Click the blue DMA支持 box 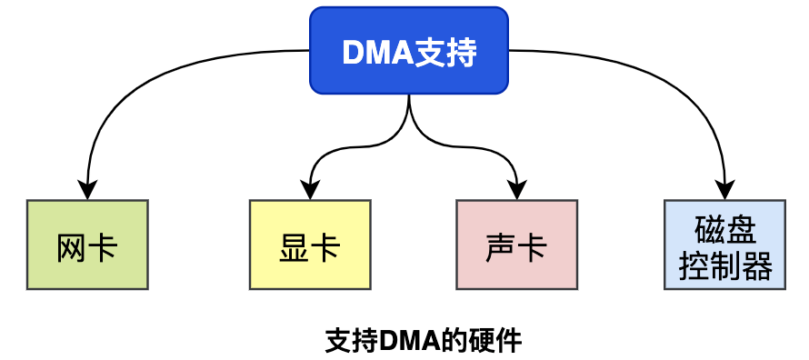point(409,51)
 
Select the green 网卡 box point(87,245)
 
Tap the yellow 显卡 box point(310,245)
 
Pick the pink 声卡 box point(516,245)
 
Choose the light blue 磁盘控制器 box point(724,245)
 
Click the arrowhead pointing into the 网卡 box point(87,192)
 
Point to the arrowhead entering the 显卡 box point(310,192)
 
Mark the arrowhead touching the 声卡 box point(516,192)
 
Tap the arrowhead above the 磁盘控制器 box point(724,192)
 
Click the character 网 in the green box point(71,247)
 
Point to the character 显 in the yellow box point(295,247)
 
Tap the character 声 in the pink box point(501,247)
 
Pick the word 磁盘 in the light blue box point(724,228)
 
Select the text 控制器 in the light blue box point(724,265)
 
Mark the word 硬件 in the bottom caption point(500,341)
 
